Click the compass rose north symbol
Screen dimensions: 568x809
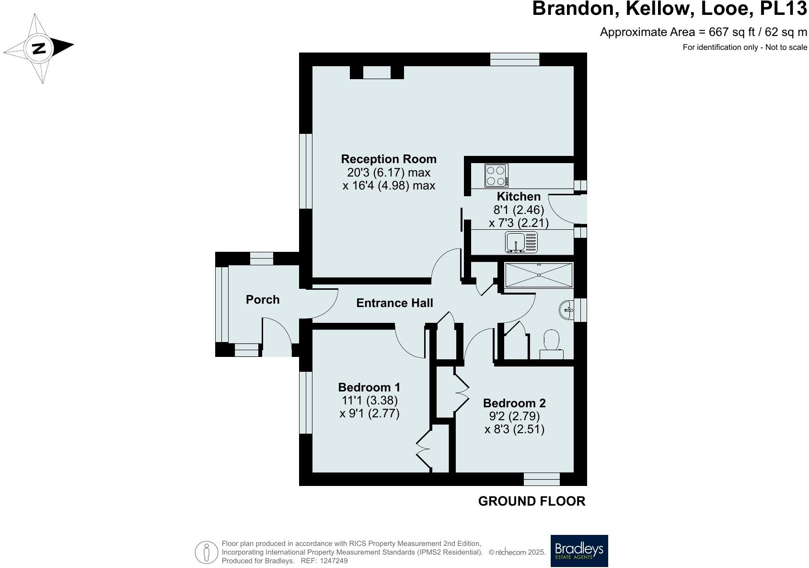(39, 48)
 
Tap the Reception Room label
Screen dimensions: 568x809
(388, 159)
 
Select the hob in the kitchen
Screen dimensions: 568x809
(496, 176)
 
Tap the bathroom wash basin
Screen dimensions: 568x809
(566, 309)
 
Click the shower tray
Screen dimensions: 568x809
(539, 275)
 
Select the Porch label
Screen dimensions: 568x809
(262, 300)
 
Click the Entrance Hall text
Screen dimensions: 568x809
(394, 303)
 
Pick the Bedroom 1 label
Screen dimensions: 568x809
(369, 387)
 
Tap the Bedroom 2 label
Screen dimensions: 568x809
(514, 403)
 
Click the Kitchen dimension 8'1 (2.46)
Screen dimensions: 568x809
(519, 210)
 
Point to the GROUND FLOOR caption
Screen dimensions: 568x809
(532, 501)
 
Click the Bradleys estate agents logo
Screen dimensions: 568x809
(579, 551)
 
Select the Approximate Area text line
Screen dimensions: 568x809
(703, 32)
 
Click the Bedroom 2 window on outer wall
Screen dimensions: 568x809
(542, 479)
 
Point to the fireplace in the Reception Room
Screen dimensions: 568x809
(377, 72)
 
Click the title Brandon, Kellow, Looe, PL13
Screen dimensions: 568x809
(670, 9)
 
